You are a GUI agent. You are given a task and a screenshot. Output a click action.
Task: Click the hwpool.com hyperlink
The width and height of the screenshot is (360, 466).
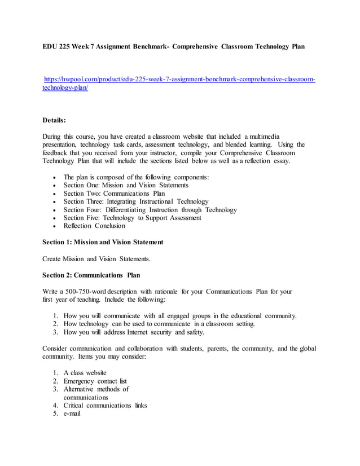179,80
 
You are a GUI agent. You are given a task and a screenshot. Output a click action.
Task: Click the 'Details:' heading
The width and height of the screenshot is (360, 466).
54,120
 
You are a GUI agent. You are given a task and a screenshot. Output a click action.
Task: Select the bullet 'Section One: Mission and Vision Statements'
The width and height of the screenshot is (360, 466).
126,185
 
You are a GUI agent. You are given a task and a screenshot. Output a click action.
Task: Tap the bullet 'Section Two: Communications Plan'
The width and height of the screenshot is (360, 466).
114,194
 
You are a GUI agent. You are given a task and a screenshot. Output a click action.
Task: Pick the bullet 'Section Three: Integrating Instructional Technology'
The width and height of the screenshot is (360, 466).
136,201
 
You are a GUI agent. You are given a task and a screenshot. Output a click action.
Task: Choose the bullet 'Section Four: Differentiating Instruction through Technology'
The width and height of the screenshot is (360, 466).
150,210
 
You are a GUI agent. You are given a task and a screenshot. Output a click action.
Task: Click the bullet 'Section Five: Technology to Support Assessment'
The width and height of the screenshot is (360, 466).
132,218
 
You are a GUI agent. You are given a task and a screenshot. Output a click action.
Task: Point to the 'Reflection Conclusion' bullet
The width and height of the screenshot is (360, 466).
94,226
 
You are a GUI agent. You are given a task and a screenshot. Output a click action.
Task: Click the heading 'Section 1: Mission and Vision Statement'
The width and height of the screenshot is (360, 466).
103,242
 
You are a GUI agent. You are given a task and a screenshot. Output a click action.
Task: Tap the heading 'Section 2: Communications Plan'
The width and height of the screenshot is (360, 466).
91,275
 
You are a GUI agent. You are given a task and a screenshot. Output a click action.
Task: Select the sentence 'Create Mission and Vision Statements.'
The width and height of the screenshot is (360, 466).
96,258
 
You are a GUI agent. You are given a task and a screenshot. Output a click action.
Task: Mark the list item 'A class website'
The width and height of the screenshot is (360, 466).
85,373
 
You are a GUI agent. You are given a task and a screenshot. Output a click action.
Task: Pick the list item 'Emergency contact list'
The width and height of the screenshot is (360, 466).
95,381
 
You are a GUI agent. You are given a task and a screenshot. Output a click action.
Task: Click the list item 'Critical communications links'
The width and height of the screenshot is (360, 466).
105,406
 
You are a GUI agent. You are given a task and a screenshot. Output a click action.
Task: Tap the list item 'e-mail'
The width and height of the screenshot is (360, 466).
72,414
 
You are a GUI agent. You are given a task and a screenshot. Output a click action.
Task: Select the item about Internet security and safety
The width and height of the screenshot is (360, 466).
134,332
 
